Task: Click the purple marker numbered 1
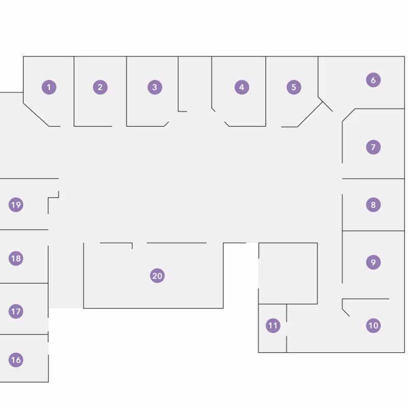(49, 87)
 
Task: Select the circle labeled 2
(100, 87)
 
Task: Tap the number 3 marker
(155, 87)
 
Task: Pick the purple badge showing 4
(242, 87)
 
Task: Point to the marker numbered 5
(294, 87)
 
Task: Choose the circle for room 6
(373, 80)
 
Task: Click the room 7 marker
(373, 147)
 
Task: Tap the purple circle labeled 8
(373, 205)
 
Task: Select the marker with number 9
(373, 262)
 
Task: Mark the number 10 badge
(373, 325)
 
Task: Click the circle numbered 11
(273, 325)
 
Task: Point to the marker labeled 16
(16, 360)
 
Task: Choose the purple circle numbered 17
(16, 312)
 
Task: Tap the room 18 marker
(16, 259)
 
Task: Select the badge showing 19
(16, 205)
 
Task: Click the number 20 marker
(157, 276)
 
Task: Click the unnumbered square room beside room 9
(288, 273)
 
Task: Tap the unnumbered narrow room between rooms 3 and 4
(195, 84)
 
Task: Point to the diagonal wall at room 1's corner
(36, 115)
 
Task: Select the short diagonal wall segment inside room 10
(346, 313)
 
